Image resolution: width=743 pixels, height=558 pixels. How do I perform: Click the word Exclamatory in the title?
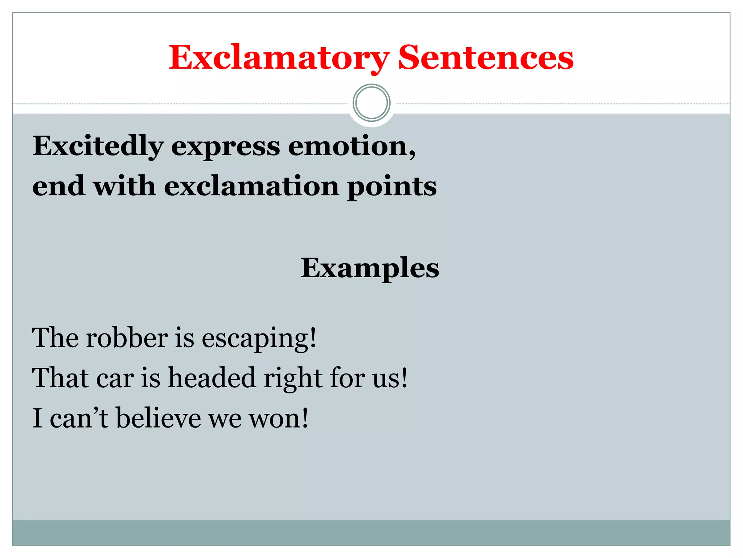pos(279,58)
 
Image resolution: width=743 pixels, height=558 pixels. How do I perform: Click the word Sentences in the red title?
pos(485,58)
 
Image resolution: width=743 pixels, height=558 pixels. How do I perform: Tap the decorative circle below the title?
pos(371,103)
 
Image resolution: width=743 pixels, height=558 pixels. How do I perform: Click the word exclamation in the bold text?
pos(251,186)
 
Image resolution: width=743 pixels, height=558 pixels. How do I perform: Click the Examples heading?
pos(370,268)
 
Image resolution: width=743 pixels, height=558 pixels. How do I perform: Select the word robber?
pos(127,338)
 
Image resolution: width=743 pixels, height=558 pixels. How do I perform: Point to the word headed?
pos(212,378)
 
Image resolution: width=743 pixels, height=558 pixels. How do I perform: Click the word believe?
pos(159,418)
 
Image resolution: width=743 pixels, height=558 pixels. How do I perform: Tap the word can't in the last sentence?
pos(79,418)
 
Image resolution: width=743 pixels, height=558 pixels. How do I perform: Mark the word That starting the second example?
pos(60,378)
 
